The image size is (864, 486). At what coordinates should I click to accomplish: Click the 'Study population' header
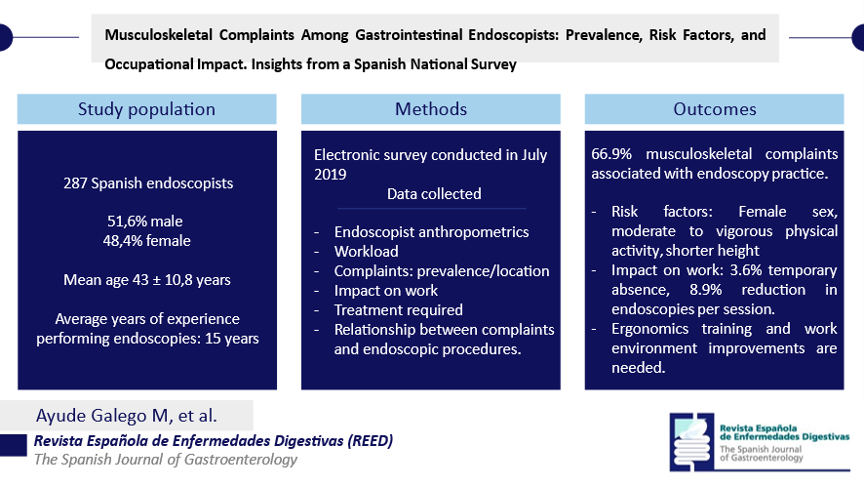(146, 109)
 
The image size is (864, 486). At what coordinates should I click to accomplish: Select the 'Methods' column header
(431, 109)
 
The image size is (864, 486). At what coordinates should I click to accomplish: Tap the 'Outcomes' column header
(715, 109)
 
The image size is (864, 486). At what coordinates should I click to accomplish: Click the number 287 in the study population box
(75, 183)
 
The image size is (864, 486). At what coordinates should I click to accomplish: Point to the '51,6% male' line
(145, 222)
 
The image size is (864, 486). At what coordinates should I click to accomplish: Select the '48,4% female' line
(146, 240)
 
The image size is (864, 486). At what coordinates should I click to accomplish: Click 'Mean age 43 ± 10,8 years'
(147, 280)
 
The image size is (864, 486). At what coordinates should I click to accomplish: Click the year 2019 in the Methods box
(330, 175)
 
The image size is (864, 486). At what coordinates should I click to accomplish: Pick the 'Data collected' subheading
(434, 193)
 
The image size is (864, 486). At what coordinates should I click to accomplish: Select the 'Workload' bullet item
(367, 252)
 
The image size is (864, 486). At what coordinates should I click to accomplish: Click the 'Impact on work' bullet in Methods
(386, 291)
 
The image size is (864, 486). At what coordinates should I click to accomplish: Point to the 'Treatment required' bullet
(399, 310)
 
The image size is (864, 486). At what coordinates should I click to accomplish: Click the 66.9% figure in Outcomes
(611, 154)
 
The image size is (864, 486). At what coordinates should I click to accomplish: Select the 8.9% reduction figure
(705, 290)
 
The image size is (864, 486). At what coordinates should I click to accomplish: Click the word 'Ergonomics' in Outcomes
(650, 329)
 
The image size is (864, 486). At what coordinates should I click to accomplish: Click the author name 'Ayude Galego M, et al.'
(127, 416)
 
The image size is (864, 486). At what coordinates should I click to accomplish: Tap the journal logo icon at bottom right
(692, 442)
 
